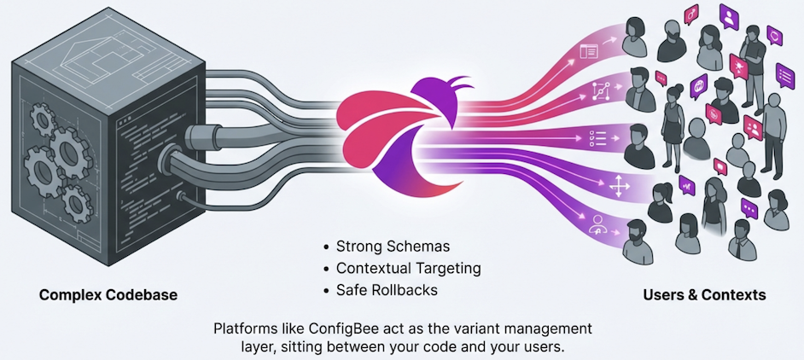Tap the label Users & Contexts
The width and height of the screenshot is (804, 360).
point(704,295)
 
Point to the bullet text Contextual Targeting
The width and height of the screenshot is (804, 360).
point(408,268)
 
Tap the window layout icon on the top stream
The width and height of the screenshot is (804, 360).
point(588,52)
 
